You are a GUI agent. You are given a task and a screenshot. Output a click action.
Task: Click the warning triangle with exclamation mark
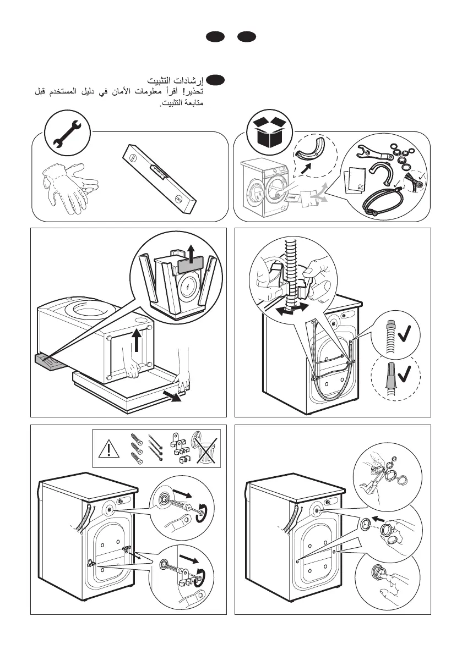pyautogui.click(x=108, y=449)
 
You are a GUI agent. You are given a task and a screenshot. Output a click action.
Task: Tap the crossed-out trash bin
pyautogui.click(x=205, y=448)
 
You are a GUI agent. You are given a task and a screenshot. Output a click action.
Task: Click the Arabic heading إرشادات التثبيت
pyautogui.click(x=175, y=80)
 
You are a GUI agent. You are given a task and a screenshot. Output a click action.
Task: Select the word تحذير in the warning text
pyautogui.click(x=195, y=91)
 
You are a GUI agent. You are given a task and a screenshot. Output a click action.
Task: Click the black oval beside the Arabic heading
pyautogui.click(x=216, y=80)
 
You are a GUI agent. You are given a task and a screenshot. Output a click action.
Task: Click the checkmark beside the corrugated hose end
pyautogui.click(x=404, y=333)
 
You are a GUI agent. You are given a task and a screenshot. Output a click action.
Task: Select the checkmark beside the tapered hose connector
pyautogui.click(x=404, y=373)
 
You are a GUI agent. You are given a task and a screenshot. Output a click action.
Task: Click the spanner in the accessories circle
pyautogui.click(x=374, y=152)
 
